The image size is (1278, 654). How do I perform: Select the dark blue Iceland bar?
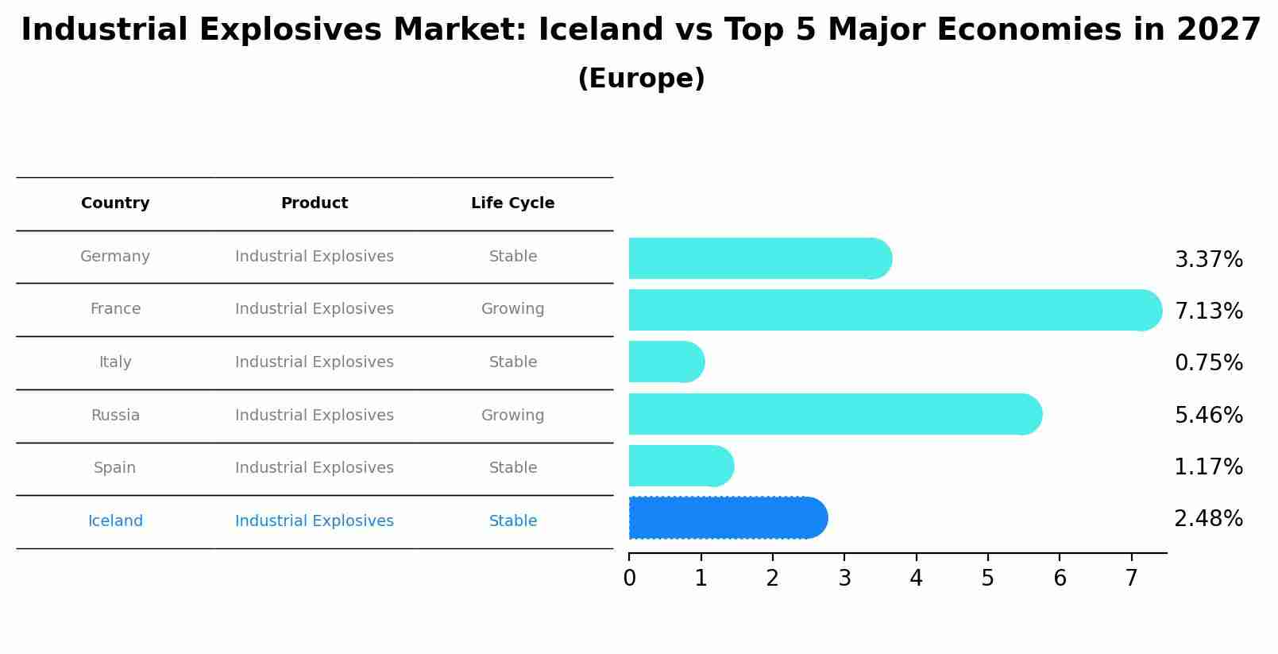[x=727, y=518]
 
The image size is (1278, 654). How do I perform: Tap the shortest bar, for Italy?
[x=666, y=362]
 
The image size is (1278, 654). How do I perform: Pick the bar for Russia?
[x=834, y=414]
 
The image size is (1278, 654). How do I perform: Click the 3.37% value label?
[x=1208, y=260]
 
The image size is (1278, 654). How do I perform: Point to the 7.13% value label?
[x=1208, y=312]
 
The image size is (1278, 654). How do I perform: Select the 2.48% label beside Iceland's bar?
[x=1208, y=519]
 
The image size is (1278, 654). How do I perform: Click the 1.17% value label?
[x=1208, y=467]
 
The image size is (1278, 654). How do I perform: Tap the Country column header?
[x=115, y=203]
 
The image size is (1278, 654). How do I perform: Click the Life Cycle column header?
[x=512, y=203]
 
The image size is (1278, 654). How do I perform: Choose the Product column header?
[x=315, y=203]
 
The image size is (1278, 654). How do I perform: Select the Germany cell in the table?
[x=115, y=257]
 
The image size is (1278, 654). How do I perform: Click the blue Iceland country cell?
[x=115, y=521]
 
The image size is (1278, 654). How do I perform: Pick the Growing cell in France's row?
[x=512, y=309]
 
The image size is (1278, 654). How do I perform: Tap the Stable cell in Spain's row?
[x=512, y=468]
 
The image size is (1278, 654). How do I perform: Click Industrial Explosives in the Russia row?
[x=315, y=416]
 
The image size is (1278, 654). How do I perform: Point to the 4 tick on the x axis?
[x=916, y=579]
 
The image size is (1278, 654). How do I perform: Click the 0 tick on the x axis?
[x=629, y=579]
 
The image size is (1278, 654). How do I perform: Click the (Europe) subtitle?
[x=641, y=79]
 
